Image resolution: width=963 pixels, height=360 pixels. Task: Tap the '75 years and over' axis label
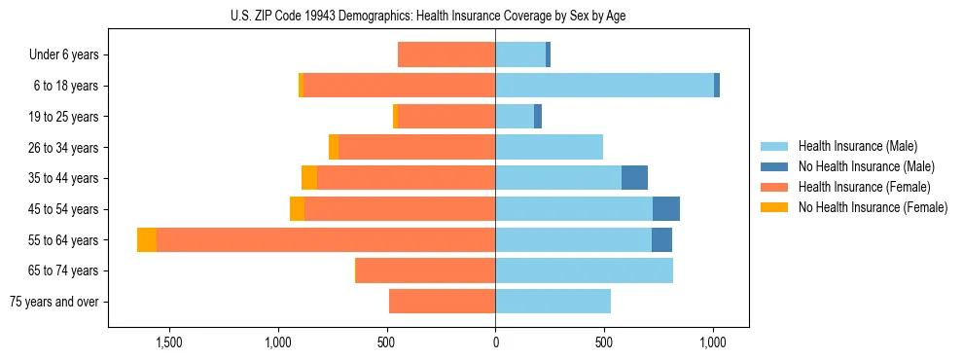53,302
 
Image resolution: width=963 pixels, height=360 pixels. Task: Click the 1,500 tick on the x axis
169,342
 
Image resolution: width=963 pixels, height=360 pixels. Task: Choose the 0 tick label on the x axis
495,342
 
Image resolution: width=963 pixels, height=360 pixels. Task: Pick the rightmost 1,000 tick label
713,342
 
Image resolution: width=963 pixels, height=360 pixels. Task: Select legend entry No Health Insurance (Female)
873,207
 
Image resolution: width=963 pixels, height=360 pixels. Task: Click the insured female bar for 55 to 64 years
326,240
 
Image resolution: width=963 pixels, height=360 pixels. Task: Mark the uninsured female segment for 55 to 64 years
147,240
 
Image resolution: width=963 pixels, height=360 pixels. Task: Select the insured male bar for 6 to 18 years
604,86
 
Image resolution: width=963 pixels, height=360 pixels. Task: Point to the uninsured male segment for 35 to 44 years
634,178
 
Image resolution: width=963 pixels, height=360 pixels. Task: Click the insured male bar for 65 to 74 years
584,270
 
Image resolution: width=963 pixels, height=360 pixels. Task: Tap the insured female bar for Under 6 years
446,55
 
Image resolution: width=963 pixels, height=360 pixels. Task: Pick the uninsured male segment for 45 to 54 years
666,209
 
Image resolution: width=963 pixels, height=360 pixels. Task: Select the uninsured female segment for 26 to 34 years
334,148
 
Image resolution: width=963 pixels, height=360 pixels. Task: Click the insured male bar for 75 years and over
553,302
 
